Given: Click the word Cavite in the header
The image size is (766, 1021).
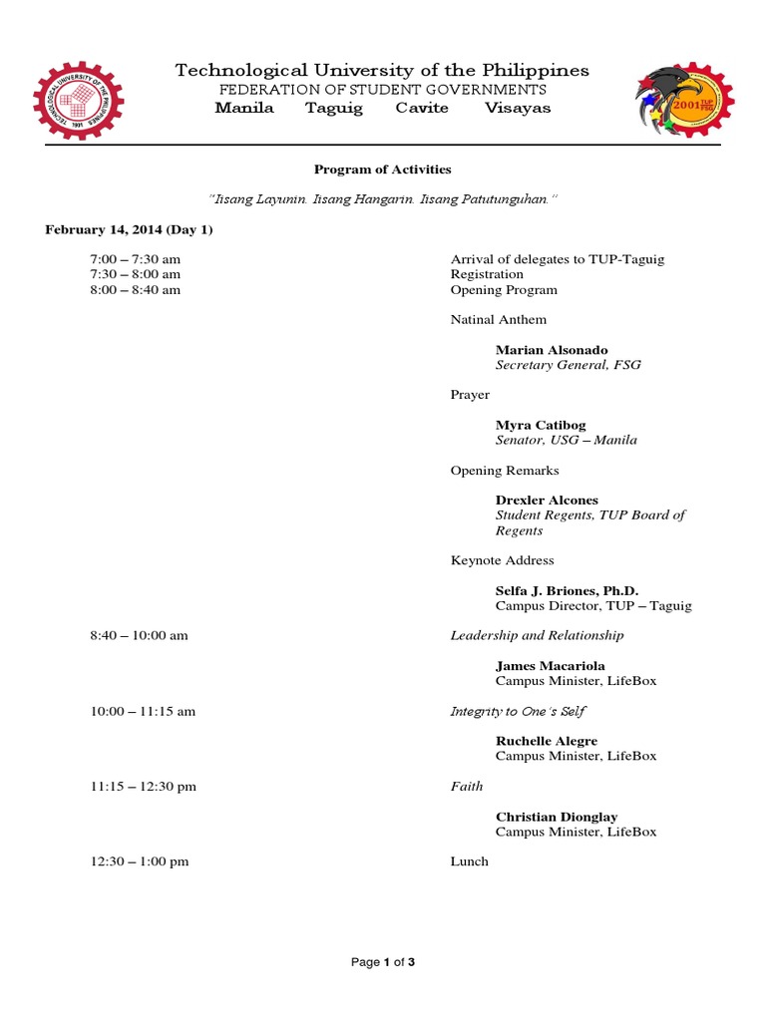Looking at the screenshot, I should point(422,108).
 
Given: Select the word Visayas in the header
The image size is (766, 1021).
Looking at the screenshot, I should point(518,108).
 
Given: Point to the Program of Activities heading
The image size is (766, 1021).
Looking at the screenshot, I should point(383,170).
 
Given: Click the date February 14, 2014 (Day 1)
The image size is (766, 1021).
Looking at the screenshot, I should point(129,229).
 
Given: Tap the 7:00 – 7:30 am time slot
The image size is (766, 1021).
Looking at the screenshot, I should point(136,259).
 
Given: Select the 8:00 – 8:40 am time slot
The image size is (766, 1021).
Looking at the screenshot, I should point(136,289).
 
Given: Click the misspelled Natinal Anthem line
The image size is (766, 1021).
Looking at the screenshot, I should point(498,319).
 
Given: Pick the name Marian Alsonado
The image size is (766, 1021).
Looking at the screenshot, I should point(552,350).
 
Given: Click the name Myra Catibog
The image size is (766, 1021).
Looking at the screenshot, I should point(541,425).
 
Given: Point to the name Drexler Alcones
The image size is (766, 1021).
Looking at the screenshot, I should point(547,500).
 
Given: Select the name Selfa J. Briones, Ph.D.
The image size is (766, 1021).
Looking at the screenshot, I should point(567,590).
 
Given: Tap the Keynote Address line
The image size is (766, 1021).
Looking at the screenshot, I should point(502,560).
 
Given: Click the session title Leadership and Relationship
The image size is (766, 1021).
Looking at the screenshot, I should point(537,635).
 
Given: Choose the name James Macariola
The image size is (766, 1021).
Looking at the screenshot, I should point(550,665).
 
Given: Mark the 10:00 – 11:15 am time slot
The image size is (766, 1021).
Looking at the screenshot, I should point(143,711).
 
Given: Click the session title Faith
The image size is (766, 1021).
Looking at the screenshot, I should point(466,786).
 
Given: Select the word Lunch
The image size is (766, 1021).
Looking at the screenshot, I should point(469,860).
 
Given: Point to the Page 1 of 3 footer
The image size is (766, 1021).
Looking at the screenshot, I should point(383,962).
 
